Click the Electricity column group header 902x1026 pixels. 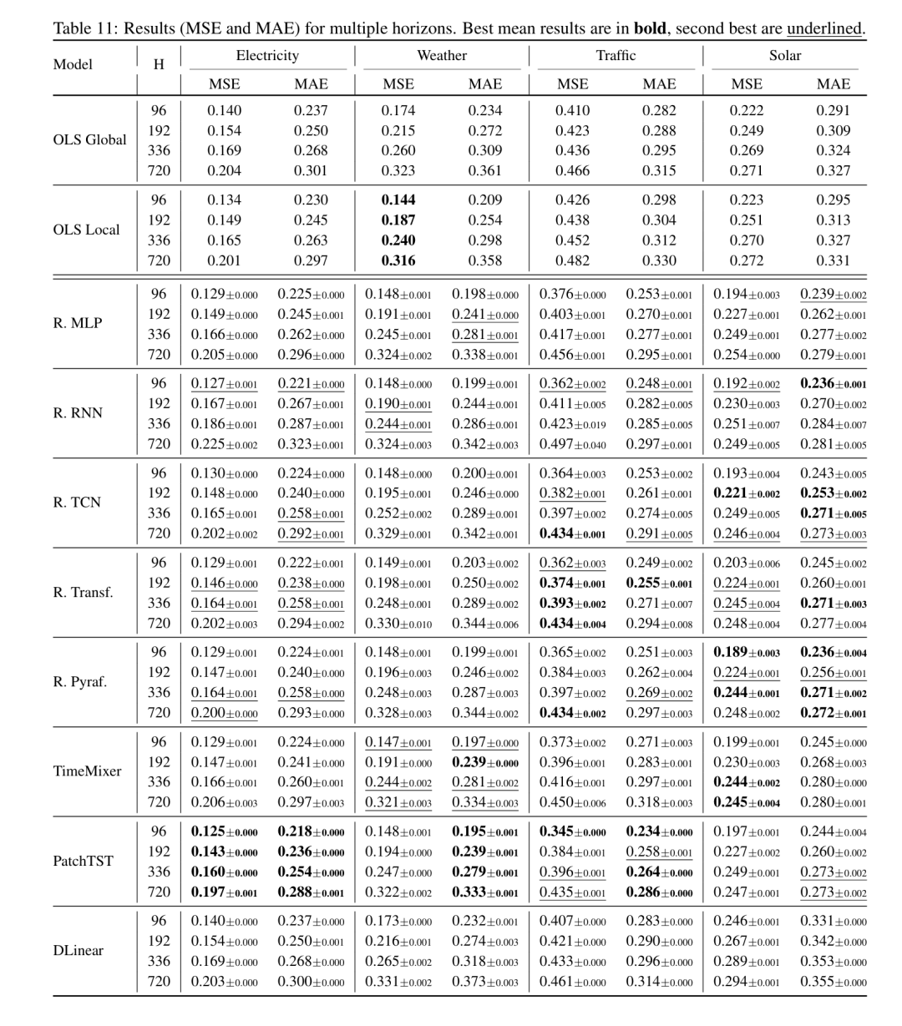click(x=266, y=56)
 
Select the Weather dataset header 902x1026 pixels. click(x=442, y=56)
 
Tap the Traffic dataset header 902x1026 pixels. click(x=616, y=56)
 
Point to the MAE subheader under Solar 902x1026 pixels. click(x=833, y=83)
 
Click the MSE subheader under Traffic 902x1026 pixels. click(x=572, y=83)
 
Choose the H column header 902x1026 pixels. click(x=159, y=63)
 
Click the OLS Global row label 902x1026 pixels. click(x=89, y=140)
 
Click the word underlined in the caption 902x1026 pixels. click(x=824, y=29)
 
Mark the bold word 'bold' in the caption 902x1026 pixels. click(x=651, y=29)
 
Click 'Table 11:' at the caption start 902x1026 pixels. click(x=86, y=29)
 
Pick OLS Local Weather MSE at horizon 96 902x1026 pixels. click(x=398, y=200)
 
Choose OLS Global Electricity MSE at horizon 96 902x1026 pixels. click(x=224, y=110)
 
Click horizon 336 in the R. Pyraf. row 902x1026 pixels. click(x=159, y=693)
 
